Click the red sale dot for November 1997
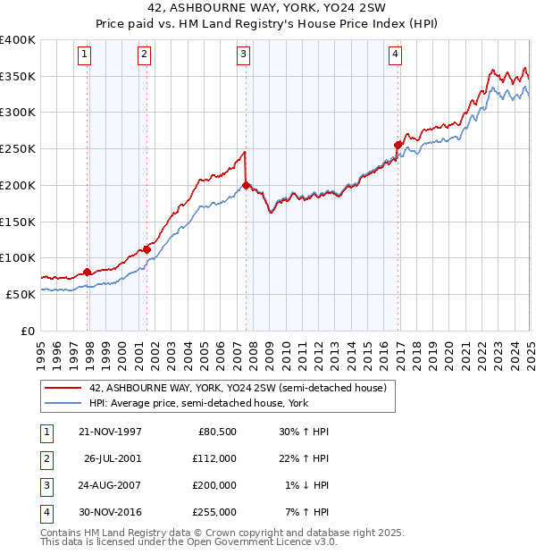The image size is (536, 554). (88, 272)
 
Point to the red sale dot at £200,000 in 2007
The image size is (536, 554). (246, 186)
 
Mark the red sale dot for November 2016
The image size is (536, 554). (398, 144)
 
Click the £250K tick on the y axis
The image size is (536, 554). (18, 149)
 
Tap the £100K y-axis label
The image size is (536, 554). (18, 257)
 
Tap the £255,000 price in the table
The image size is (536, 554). (215, 512)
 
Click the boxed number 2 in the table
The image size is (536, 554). (46, 458)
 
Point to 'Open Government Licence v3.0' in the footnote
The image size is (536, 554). (264, 541)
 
